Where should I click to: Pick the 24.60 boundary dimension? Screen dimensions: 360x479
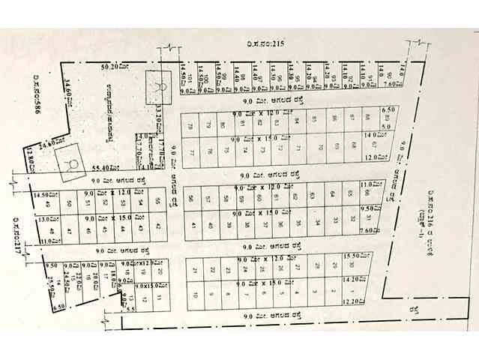[49, 142]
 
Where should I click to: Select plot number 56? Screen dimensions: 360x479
[192, 198]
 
